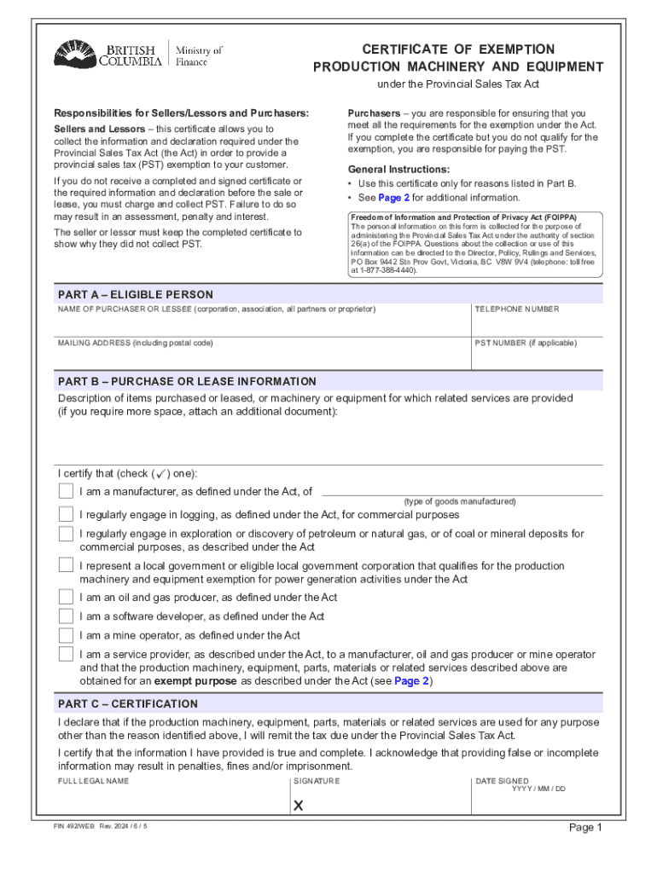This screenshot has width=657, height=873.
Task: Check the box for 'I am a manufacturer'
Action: (x=66, y=491)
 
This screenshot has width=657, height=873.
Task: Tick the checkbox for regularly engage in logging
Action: (x=66, y=514)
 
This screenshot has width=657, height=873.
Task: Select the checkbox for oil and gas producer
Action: (x=66, y=597)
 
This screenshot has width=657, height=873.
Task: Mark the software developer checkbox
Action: (x=66, y=616)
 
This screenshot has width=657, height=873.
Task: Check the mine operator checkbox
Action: (x=66, y=635)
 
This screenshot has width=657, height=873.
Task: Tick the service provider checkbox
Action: (x=66, y=654)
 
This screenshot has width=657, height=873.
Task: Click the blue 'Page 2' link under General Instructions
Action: (x=393, y=198)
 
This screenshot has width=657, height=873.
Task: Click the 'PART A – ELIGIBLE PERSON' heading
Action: (x=136, y=294)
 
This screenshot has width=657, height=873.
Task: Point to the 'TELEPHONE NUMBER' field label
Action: (x=516, y=309)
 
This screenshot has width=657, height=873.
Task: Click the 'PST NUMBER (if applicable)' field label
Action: (x=525, y=343)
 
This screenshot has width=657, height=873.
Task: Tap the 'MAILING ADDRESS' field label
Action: (x=135, y=343)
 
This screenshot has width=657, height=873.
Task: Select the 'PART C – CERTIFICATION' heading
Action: (x=128, y=704)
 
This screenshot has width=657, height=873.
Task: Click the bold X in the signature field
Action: (x=299, y=806)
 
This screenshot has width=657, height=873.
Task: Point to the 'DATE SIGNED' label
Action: (x=502, y=781)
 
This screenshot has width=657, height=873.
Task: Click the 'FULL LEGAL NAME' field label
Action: (x=93, y=781)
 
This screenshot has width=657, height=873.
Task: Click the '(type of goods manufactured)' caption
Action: (x=460, y=502)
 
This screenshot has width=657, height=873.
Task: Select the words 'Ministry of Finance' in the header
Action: (x=198, y=56)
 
